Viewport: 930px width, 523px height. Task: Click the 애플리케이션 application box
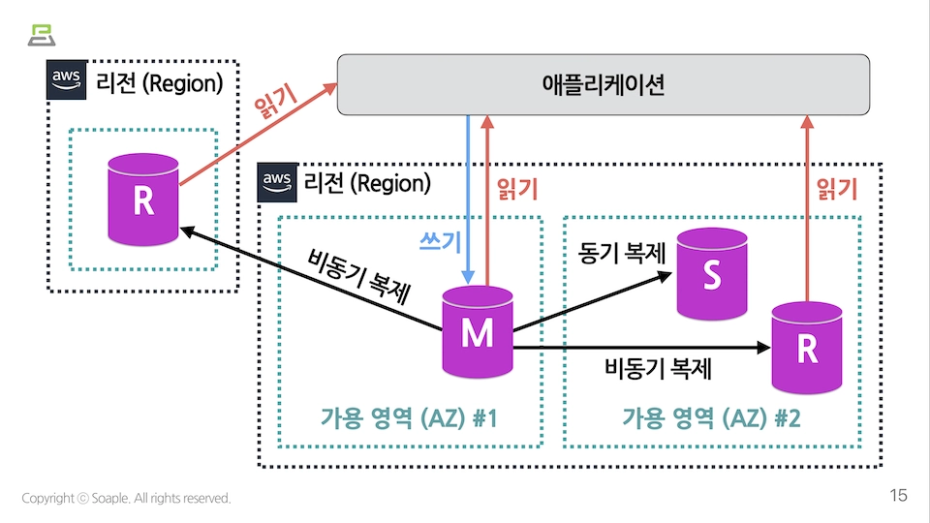pyautogui.click(x=603, y=84)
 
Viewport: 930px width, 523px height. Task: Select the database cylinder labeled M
pyautogui.click(x=477, y=331)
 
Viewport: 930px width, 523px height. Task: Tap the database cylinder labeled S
pyautogui.click(x=712, y=275)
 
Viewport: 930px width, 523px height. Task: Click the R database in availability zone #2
pyautogui.click(x=806, y=349)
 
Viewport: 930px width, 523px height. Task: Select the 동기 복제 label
pyautogui.click(x=622, y=254)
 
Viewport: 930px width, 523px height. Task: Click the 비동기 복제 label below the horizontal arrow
pyautogui.click(x=659, y=368)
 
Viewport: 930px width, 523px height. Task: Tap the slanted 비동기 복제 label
pyautogui.click(x=358, y=278)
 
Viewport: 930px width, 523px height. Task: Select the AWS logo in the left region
pyautogui.click(x=67, y=81)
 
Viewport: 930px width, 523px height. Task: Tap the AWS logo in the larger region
pyautogui.click(x=276, y=182)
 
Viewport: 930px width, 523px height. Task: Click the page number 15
pyautogui.click(x=898, y=496)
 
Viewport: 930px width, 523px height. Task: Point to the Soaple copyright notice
pyautogui.click(x=127, y=498)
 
